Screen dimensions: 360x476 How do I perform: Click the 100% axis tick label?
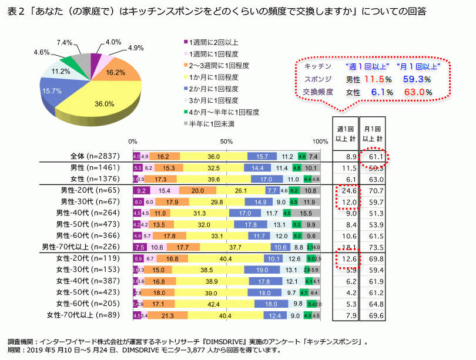(x=321, y=142)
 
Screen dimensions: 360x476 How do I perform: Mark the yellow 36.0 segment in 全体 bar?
(x=213, y=157)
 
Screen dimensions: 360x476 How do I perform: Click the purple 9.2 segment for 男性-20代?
(x=141, y=191)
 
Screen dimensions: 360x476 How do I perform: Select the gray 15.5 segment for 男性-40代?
(x=306, y=213)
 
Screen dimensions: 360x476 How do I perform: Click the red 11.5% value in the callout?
(x=374, y=78)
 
